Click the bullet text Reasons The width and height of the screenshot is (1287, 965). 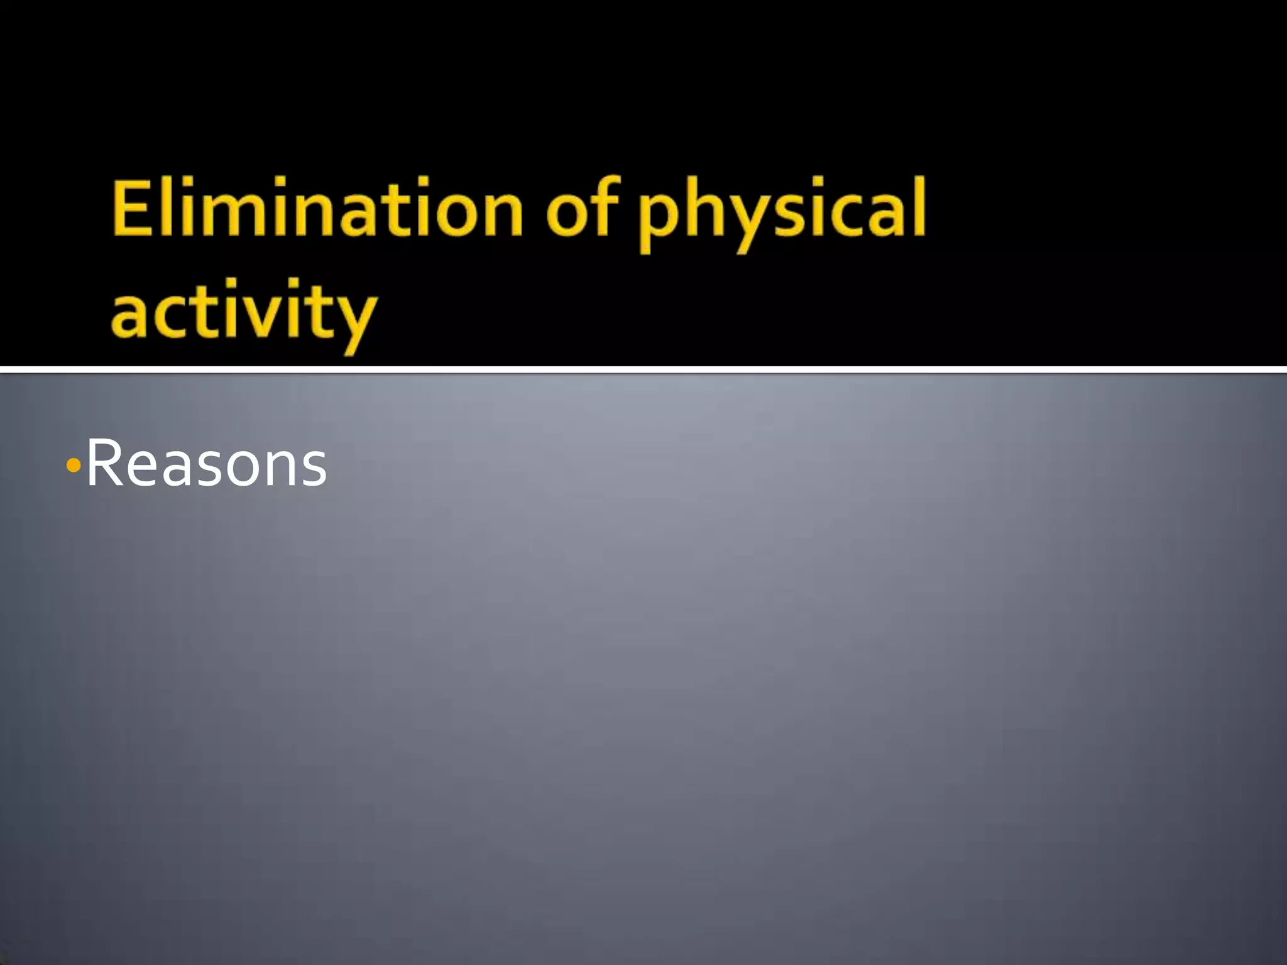coord(206,465)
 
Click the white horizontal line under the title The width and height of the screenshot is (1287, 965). coord(643,369)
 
